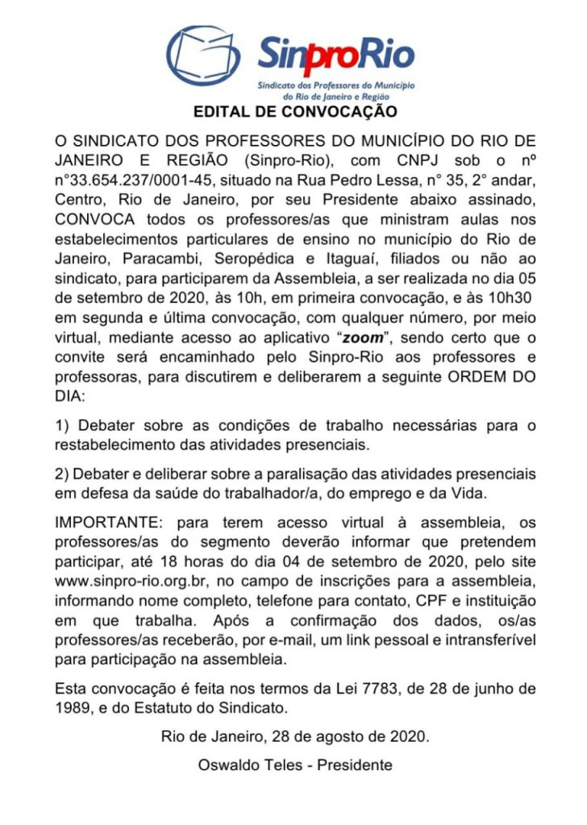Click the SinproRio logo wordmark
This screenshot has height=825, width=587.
(336, 55)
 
